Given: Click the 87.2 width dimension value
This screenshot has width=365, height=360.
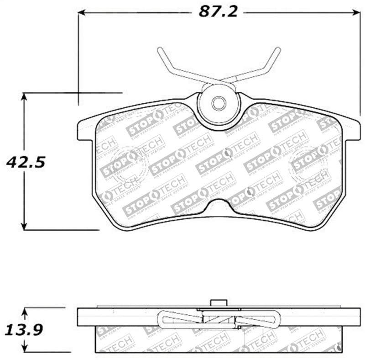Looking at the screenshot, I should pos(218,12).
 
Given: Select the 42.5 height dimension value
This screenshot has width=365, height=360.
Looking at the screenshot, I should pos(26,162).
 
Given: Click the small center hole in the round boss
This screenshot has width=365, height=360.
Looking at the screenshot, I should pos(219,104).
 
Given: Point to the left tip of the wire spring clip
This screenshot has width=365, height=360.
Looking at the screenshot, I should pos(159,49).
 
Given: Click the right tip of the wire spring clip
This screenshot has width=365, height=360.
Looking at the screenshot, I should pos(278,49).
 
